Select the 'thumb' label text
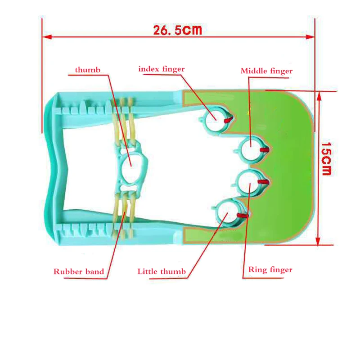click(87, 70)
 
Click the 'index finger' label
click(162, 69)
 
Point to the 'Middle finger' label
click(266, 71)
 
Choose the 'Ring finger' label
click(270, 270)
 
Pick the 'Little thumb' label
click(162, 271)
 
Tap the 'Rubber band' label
click(79, 271)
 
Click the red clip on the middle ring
click(265, 150)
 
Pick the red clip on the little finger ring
click(243, 216)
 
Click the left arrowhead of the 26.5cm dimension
click(45, 36)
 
